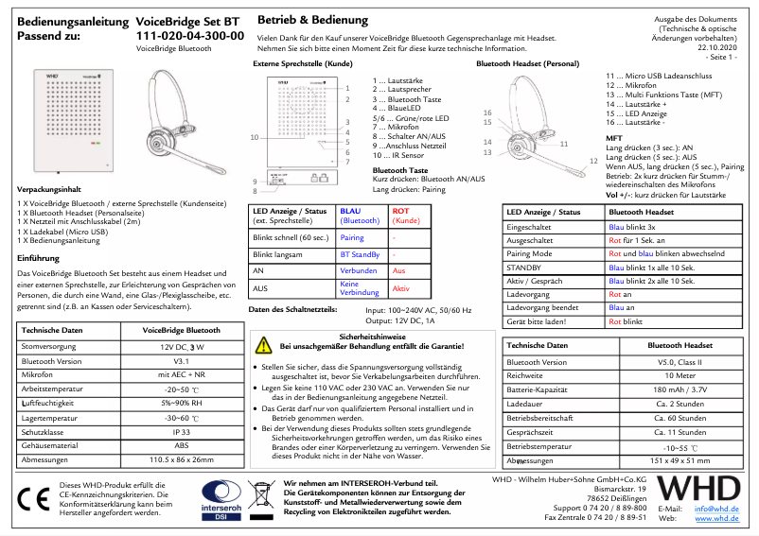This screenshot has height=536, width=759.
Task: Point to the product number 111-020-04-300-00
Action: pyautogui.click(x=189, y=36)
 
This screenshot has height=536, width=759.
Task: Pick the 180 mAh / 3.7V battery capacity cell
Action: pyautogui.click(x=682, y=389)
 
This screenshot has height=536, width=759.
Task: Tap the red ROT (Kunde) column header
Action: pyautogui.click(x=405, y=216)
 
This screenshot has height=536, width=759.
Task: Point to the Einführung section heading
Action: pyautogui.click(x=39, y=257)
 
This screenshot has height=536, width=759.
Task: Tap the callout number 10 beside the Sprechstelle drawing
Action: pyautogui.click(x=254, y=138)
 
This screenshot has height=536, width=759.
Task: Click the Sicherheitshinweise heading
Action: pyautogui.click(x=373, y=336)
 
